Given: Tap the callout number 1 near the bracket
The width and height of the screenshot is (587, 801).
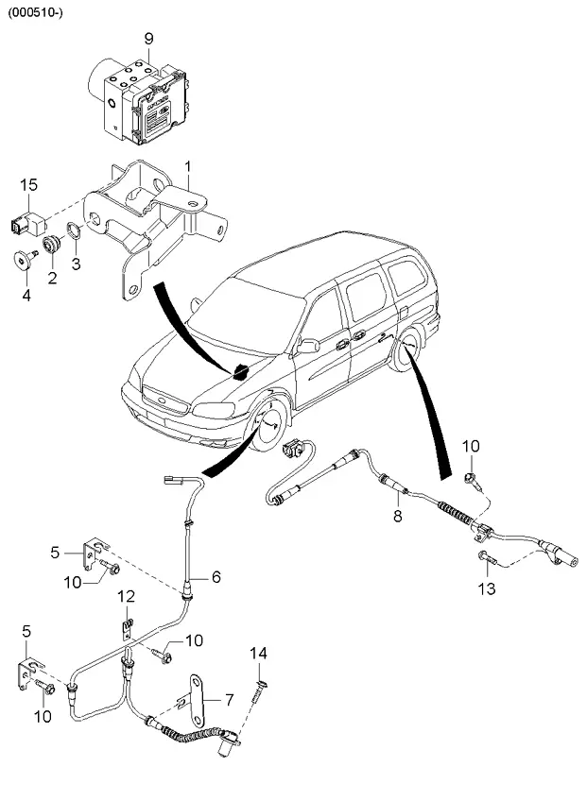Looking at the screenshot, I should (187, 168).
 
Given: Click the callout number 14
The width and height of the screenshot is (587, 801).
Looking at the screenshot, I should (260, 653).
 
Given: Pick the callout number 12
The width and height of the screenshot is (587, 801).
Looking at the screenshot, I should (126, 596).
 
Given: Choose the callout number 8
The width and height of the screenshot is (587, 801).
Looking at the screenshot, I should (398, 516).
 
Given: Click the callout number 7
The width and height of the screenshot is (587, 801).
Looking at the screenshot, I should (227, 700).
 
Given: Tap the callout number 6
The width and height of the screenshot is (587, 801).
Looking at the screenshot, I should (216, 574).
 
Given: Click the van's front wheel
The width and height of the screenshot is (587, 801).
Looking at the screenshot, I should (271, 429).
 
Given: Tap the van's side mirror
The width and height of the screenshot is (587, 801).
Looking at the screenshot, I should (306, 347).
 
